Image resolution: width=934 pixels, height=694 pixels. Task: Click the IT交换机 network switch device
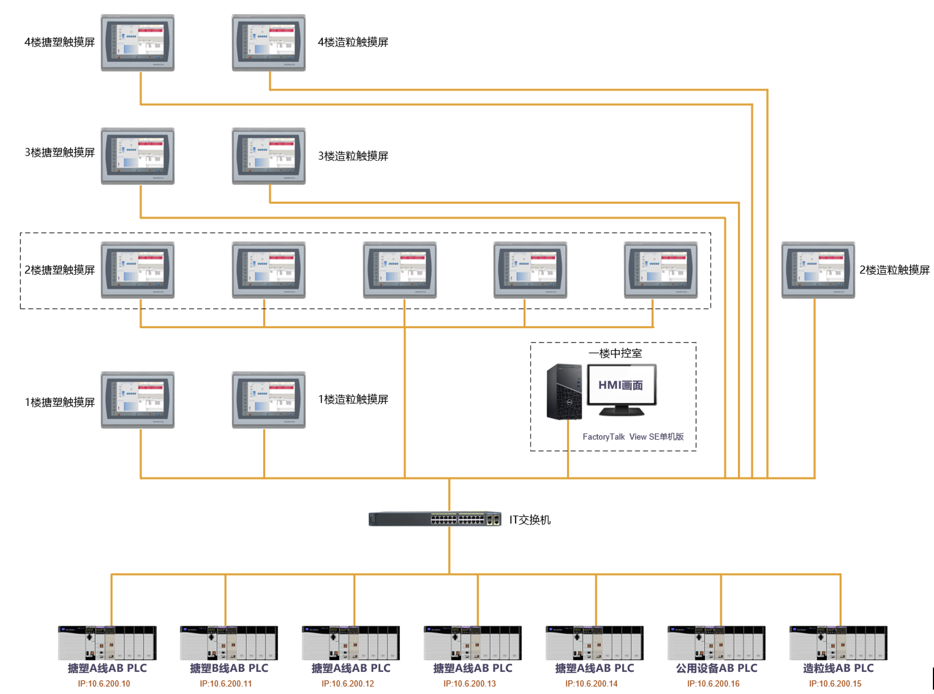pos(435,519)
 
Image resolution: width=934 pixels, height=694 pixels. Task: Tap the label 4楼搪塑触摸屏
pos(59,42)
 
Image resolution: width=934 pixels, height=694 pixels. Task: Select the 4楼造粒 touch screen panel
pos(269,42)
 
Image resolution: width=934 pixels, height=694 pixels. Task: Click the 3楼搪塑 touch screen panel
pos(138,156)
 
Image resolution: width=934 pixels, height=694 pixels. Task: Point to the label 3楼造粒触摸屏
pos(353,156)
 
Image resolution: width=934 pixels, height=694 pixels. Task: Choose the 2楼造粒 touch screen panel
pos(818,270)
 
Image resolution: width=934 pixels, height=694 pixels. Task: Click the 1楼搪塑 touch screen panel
pos(138,400)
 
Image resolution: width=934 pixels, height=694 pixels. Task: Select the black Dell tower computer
pos(564,392)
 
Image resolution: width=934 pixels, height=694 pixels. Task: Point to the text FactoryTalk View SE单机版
pos(633,437)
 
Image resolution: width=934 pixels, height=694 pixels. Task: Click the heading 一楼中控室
pos(615,354)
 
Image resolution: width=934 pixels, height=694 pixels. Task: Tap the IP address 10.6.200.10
pos(104,684)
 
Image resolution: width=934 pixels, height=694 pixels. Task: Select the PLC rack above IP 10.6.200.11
pos(229,643)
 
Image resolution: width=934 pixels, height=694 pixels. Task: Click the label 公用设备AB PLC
pos(716,668)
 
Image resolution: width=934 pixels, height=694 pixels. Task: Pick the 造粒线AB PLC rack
pos(838,643)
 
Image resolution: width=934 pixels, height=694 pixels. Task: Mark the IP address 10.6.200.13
pos(470,684)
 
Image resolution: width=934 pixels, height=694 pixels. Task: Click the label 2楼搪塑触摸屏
pos(59,270)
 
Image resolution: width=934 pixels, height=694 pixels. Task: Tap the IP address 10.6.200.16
pos(713,684)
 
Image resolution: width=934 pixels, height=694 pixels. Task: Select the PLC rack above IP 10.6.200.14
pos(594,643)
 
